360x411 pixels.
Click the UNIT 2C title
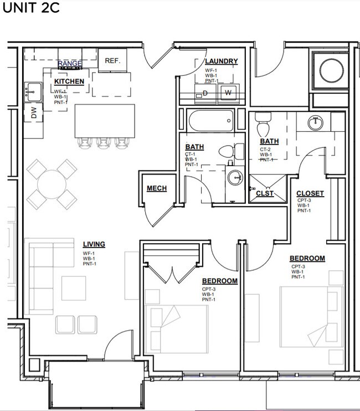point(31,9)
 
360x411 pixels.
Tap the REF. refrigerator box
point(112,60)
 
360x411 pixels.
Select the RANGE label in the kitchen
point(70,64)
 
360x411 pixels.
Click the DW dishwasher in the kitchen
point(33,114)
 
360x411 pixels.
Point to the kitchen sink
point(33,90)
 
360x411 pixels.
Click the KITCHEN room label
point(69,81)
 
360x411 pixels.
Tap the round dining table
point(52,183)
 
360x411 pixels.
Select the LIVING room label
point(94,244)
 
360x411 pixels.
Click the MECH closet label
point(157,189)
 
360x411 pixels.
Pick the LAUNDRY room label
point(221,61)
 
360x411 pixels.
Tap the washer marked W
point(228,93)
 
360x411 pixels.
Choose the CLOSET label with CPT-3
point(310,193)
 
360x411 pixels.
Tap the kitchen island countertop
point(105,120)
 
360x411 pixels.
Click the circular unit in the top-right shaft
point(330,70)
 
